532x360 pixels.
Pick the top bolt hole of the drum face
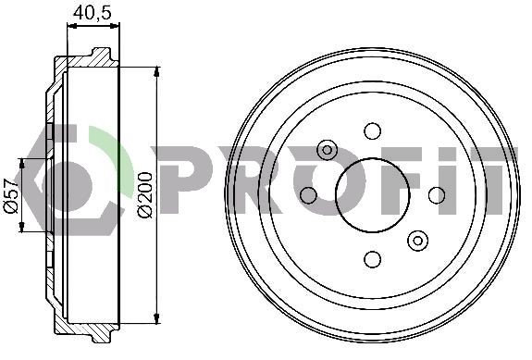[373, 130]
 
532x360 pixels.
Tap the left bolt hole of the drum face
[309, 194]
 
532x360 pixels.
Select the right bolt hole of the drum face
[437, 194]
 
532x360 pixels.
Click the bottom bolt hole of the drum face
[373, 259]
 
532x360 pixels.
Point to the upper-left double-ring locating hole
[327, 150]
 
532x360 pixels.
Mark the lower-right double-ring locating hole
[418, 241]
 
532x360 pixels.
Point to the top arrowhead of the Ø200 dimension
[156, 71]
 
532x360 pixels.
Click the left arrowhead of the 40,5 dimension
[71, 26]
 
